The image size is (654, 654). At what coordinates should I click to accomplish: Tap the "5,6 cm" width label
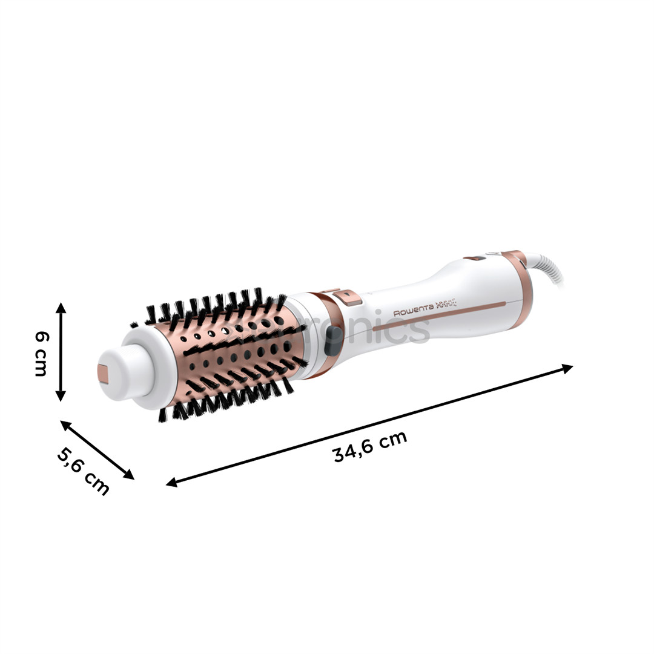point(83,471)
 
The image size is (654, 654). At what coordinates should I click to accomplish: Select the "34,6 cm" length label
point(370,447)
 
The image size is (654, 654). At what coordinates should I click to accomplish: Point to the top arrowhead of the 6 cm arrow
point(61,308)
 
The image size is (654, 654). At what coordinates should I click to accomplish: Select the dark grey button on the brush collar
point(332,342)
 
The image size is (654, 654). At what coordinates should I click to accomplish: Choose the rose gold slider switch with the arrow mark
point(347,297)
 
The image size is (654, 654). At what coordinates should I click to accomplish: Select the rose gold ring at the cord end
point(520,285)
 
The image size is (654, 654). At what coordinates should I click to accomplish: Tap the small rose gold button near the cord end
point(475,259)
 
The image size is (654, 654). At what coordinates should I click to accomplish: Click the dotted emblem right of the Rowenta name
point(446,305)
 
